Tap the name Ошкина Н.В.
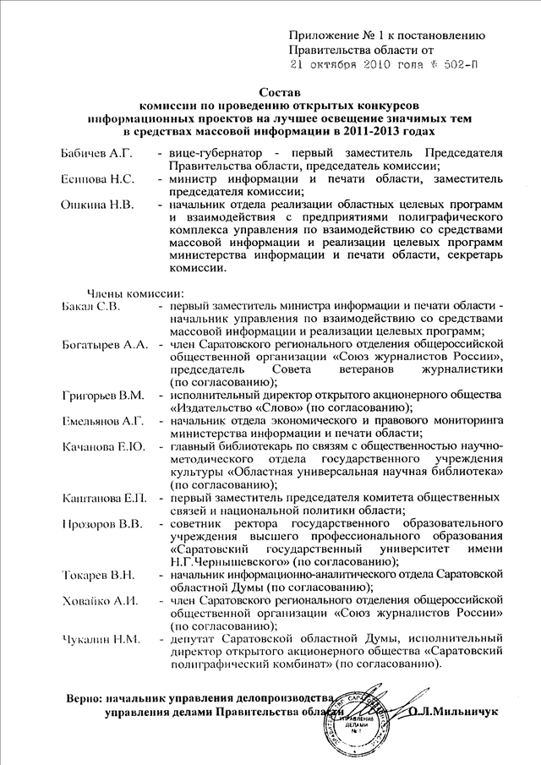(x=96, y=205)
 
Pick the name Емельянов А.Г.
(x=106, y=421)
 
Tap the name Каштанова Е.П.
(x=106, y=498)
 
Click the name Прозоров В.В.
(x=103, y=524)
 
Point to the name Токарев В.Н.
(x=99, y=576)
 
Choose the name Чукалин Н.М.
(x=99, y=640)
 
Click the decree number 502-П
(x=462, y=64)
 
